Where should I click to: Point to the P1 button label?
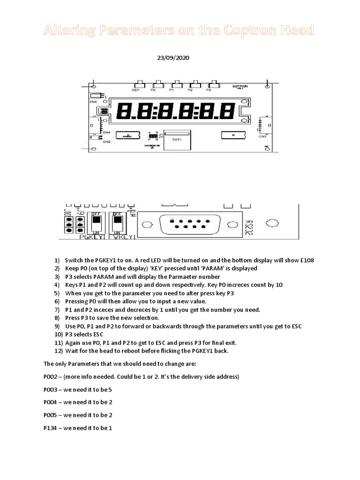[x=172, y=89]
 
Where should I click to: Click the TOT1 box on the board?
[x=177, y=139]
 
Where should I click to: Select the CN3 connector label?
[x=262, y=137]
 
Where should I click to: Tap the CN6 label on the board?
[x=93, y=102]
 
